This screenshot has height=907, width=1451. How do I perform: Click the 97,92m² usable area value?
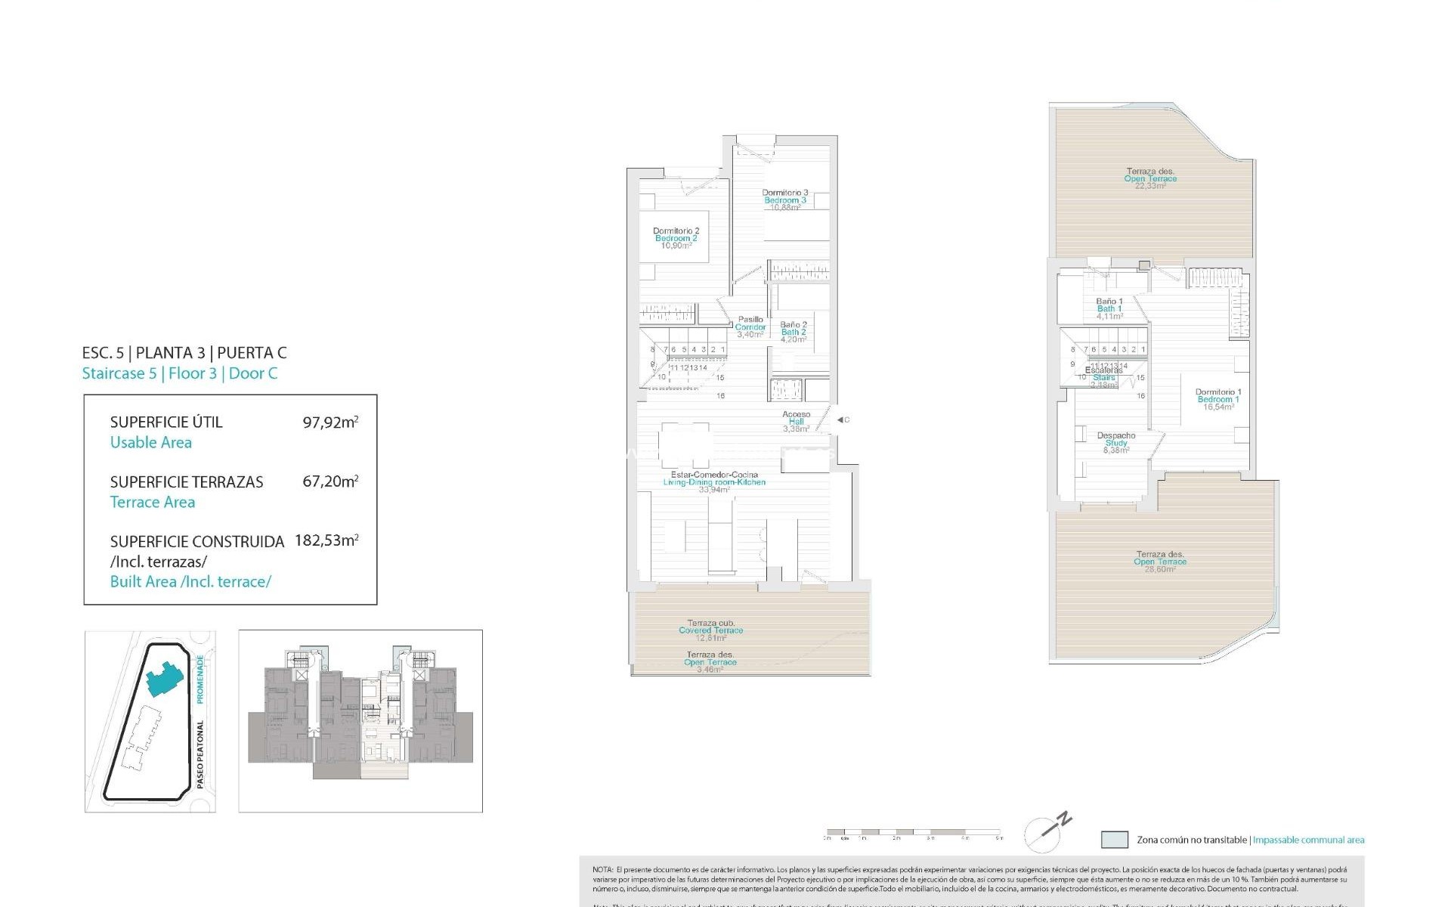[x=330, y=422]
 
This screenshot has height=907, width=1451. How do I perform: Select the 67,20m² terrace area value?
[x=330, y=481]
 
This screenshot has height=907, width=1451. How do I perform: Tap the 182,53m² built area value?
[x=326, y=540]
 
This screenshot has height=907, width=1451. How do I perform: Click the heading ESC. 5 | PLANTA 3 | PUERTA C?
[x=184, y=352]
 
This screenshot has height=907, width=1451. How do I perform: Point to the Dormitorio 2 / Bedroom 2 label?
[x=676, y=238]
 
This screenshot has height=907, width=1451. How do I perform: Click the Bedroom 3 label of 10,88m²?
[x=784, y=200]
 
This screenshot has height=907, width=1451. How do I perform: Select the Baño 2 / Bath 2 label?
[x=793, y=332]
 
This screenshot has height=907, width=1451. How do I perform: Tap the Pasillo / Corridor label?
[x=750, y=327]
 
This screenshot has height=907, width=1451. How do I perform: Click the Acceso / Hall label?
[x=796, y=421]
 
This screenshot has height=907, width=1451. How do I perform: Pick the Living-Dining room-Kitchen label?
[x=714, y=481]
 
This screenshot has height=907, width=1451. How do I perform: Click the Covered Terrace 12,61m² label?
[x=710, y=630]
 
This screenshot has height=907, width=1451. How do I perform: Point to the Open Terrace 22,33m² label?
[x=1150, y=178]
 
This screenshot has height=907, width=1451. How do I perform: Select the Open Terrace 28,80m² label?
[x=1160, y=562]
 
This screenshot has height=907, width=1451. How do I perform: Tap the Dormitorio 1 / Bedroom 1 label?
[x=1217, y=399]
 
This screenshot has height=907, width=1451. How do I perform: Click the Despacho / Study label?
[x=1115, y=442]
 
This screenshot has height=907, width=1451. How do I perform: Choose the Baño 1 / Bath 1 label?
[x=1109, y=308]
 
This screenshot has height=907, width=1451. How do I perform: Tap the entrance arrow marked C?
[x=842, y=419]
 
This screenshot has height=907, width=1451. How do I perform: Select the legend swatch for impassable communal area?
[x=1114, y=840]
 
